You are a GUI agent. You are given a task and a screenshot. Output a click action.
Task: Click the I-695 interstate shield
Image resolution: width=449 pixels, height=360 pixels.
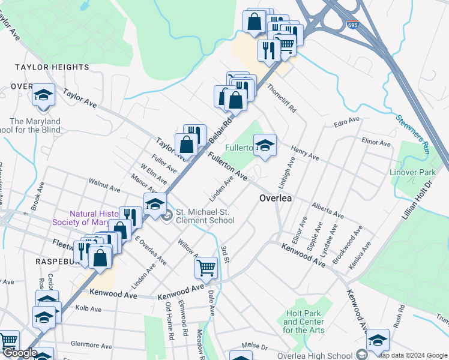(x=353, y=25)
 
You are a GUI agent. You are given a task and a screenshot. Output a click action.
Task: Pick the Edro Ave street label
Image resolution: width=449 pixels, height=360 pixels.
(x=346, y=122)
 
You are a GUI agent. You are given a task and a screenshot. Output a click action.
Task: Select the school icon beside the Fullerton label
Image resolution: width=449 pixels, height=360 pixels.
(x=264, y=145)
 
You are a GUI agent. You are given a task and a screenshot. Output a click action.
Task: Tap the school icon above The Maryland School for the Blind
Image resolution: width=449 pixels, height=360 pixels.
(x=43, y=95)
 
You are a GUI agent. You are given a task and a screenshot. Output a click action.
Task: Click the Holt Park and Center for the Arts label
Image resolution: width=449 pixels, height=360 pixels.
(x=304, y=322)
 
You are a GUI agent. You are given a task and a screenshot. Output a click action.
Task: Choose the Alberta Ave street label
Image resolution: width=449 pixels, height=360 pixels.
(x=327, y=210)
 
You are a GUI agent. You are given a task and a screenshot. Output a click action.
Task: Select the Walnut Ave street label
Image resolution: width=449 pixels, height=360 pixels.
(x=104, y=184)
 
